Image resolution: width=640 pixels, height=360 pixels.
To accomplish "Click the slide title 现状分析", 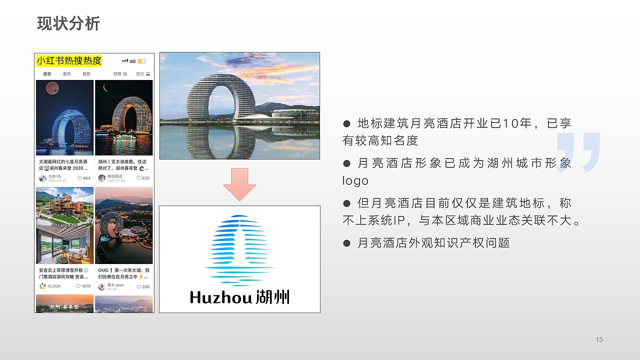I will coord(68,23).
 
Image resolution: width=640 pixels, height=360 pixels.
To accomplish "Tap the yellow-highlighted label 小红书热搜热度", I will coord(69,61).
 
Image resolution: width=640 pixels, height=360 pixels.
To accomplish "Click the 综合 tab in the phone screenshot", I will coord(47,74).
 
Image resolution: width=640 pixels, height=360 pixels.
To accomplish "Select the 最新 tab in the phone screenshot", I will coord(86,74).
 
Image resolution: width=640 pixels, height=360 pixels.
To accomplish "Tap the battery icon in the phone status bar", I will coord(141,61).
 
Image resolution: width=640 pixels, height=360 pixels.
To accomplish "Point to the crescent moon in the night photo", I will coord(106,88).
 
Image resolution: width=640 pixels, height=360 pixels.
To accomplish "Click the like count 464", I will coord(84,178).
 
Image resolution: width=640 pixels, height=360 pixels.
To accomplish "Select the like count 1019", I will coord(83,286).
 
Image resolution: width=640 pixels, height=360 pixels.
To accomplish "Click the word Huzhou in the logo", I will coord(220,297).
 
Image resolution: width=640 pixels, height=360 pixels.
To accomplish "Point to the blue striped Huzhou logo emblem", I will coord(239,248).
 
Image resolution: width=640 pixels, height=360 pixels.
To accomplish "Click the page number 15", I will coord(599,340).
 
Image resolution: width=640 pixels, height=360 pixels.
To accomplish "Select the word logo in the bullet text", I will coord(355,181).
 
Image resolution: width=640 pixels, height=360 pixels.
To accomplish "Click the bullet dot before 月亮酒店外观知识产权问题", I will coord(346,243).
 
